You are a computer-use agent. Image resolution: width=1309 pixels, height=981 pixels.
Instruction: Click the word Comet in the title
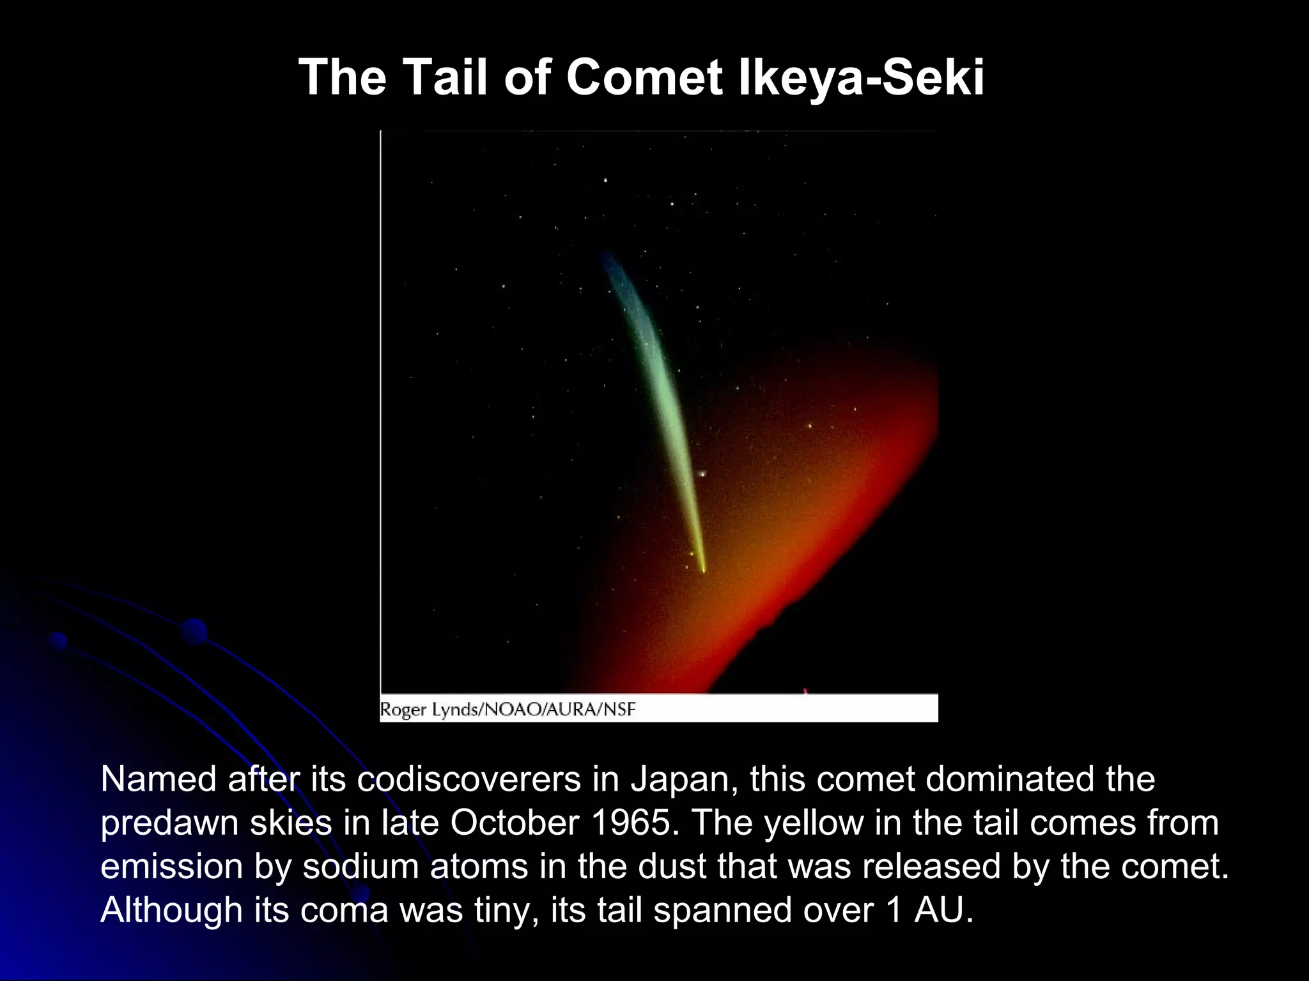[x=644, y=78]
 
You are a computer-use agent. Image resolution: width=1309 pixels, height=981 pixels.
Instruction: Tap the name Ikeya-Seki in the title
[x=861, y=78]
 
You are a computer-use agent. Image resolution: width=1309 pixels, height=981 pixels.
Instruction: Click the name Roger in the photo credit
[x=403, y=710]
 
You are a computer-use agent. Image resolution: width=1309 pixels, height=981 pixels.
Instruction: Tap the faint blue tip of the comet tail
[x=605, y=257]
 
